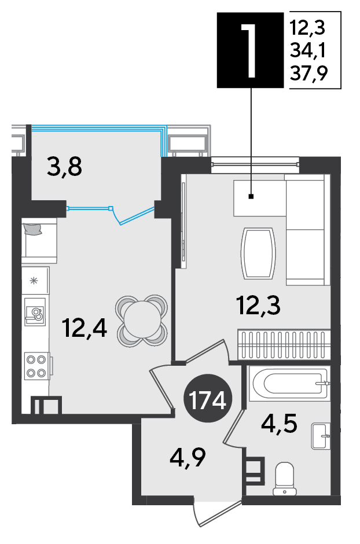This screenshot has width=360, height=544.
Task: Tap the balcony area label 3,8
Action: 64,167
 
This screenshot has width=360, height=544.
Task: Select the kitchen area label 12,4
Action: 85,328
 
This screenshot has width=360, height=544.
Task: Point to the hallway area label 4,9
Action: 188,457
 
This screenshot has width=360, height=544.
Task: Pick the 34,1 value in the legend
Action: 308,51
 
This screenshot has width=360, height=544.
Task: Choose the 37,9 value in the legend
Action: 308,73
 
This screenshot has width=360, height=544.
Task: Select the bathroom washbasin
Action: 321,436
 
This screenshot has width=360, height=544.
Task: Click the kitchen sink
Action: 35,311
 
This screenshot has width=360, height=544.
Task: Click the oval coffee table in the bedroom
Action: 258,253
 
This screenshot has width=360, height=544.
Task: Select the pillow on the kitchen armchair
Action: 32,229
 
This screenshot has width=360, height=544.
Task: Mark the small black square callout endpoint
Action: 251,197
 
